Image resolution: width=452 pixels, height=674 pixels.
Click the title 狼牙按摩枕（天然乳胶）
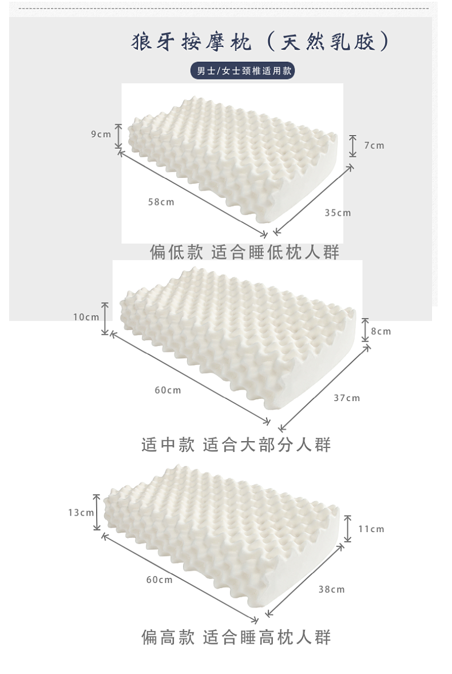pyautogui.click(x=260, y=42)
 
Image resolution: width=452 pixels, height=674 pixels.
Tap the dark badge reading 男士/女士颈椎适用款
pyautogui.click(x=243, y=70)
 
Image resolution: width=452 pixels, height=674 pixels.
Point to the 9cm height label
pyautogui.click(x=101, y=134)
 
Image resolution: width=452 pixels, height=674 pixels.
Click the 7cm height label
pyautogui.click(x=374, y=145)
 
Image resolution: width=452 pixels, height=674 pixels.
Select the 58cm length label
pyautogui.click(x=161, y=201)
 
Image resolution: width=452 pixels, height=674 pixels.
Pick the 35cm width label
pyautogui.click(x=338, y=213)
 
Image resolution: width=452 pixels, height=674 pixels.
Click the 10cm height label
pyautogui.click(x=86, y=317)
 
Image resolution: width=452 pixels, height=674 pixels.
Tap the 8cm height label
pyautogui.click(x=381, y=331)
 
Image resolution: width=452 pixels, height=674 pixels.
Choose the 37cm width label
pyautogui.click(x=347, y=398)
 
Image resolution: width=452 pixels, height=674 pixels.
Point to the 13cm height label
pyautogui.click(x=81, y=513)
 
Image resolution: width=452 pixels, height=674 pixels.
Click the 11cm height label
pyautogui.click(x=371, y=529)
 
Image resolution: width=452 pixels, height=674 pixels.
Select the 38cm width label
pyautogui.click(x=331, y=589)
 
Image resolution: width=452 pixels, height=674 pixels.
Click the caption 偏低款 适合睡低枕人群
pyautogui.click(x=244, y=252)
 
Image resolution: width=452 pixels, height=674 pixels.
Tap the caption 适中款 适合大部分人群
pyautogui.click(x=236, y=445)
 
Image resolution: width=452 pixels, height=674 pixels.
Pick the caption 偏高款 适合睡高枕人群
pyautogui.click(x=236, y=637)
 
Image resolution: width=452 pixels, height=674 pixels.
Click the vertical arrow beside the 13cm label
pyautogui.click(x=97, y=513)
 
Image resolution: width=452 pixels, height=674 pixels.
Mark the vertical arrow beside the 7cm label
pyautogui.click(x=353, y=146)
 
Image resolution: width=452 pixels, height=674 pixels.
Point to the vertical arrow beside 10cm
pyautogui.click(x=105, y=319)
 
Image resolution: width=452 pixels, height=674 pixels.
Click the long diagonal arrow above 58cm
pyautogui.click(x=192, y=193)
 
